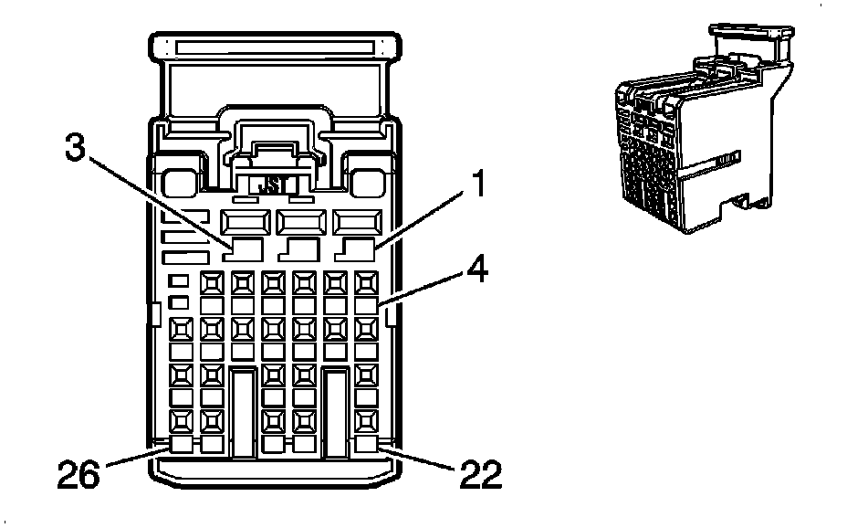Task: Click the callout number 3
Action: tap(75, 148)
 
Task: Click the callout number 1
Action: tap(477, 184)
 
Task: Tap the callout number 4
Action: tap(477, 269)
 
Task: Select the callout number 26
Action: tap(78, 474)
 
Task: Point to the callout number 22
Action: tap(481, 474)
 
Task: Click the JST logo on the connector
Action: tap(273, 185)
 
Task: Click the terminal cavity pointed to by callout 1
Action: tap(355, 249)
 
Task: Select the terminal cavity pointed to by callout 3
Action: tap(243, 249)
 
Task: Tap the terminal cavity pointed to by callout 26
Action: tap(181, 444)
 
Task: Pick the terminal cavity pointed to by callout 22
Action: tap(366, 444)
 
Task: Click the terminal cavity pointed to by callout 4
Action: tap(366, 305)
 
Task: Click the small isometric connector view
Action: tap(705, 129)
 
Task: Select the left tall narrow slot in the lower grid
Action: tap(243, 412)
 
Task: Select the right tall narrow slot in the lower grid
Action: tap(336, 412)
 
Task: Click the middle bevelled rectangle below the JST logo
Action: tap(301, 222)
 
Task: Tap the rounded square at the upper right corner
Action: tap(367, 183)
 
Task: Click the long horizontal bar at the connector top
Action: tap(275, 48)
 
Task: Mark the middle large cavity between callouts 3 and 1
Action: tap(298, 249)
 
